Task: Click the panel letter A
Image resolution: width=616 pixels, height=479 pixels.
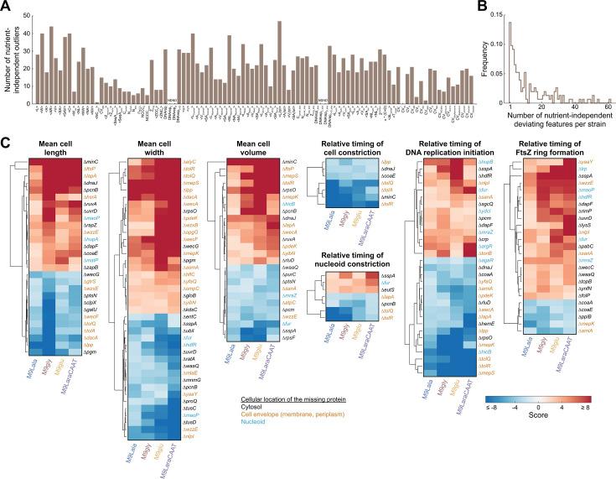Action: (7, 7)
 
